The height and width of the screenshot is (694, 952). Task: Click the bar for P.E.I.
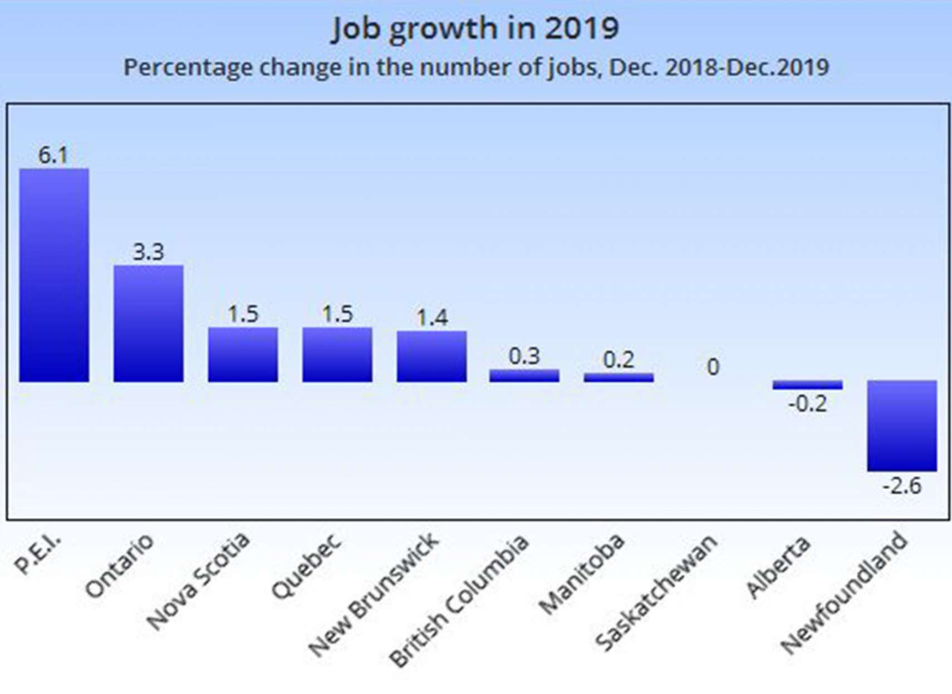[x=54, y=275]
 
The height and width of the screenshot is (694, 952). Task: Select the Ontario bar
[x=149, y=324]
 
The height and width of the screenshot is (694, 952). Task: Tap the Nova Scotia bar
[x=243, y=355]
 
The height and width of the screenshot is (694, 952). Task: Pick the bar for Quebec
[x=337, y=355]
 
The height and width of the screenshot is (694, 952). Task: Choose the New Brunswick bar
[x=431, y=356]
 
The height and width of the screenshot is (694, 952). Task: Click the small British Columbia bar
[x=524, y=376]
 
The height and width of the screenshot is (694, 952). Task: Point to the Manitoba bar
[x=619, y=378]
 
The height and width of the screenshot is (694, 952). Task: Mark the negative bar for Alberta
[x=807, y=385]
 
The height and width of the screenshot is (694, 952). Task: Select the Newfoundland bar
[x=902, y=425]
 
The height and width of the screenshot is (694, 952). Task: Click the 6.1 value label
[x=53, y=155]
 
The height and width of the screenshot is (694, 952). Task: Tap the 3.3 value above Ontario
[x=149, y=252]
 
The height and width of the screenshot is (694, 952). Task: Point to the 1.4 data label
[x=432, y=318]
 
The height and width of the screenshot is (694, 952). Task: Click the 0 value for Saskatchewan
[x=713, y=367]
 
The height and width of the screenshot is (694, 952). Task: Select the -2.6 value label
[x=902, y=486]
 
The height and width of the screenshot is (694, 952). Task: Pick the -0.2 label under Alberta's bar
[x=807, y=404]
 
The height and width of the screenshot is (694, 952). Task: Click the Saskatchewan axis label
[x=657, y=592]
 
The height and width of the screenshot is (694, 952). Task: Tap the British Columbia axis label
[x=459, y=601]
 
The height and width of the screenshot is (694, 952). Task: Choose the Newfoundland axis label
[x=844, y=592]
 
